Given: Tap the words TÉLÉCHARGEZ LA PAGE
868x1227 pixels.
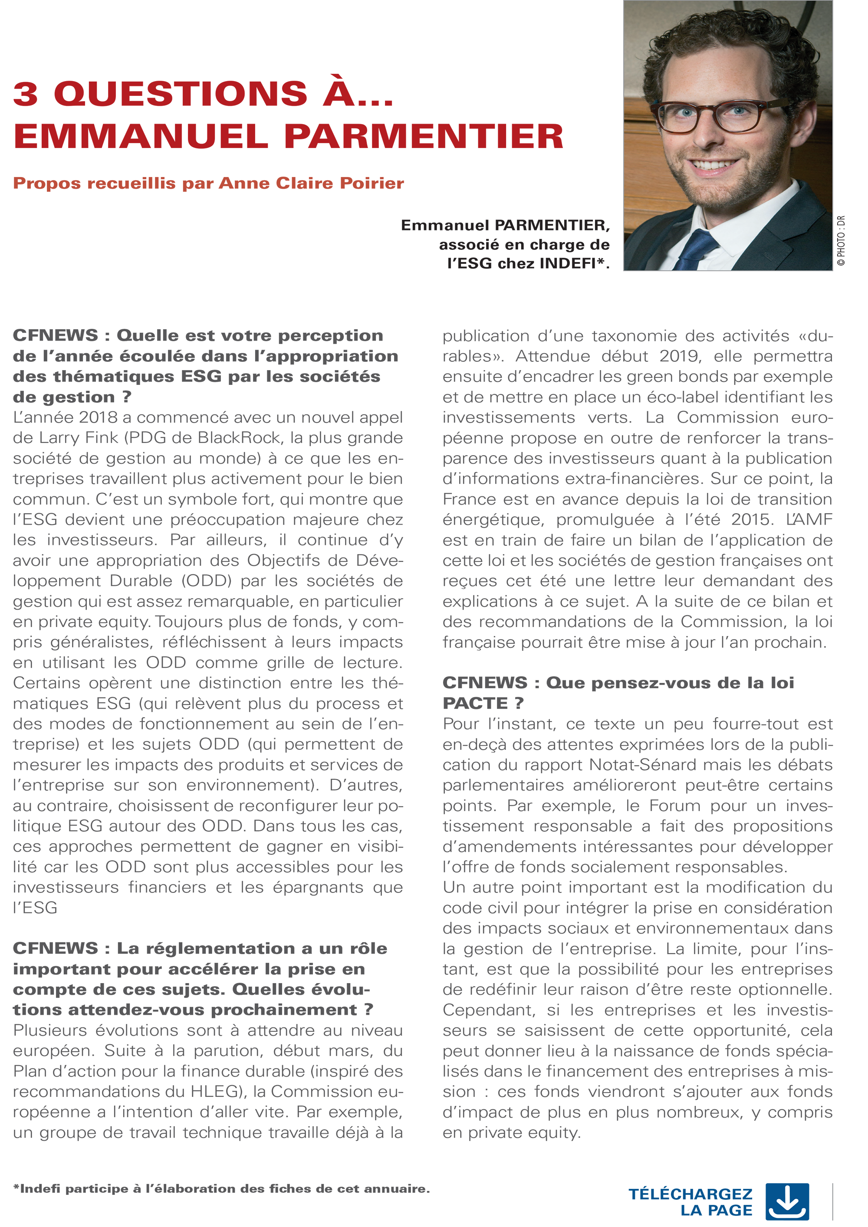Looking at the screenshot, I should click(x=690, y=1202).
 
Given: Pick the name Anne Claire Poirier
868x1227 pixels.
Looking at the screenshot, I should click(x=311, y=183).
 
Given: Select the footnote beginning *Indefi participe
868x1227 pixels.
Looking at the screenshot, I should click(x=221, y=1189).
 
